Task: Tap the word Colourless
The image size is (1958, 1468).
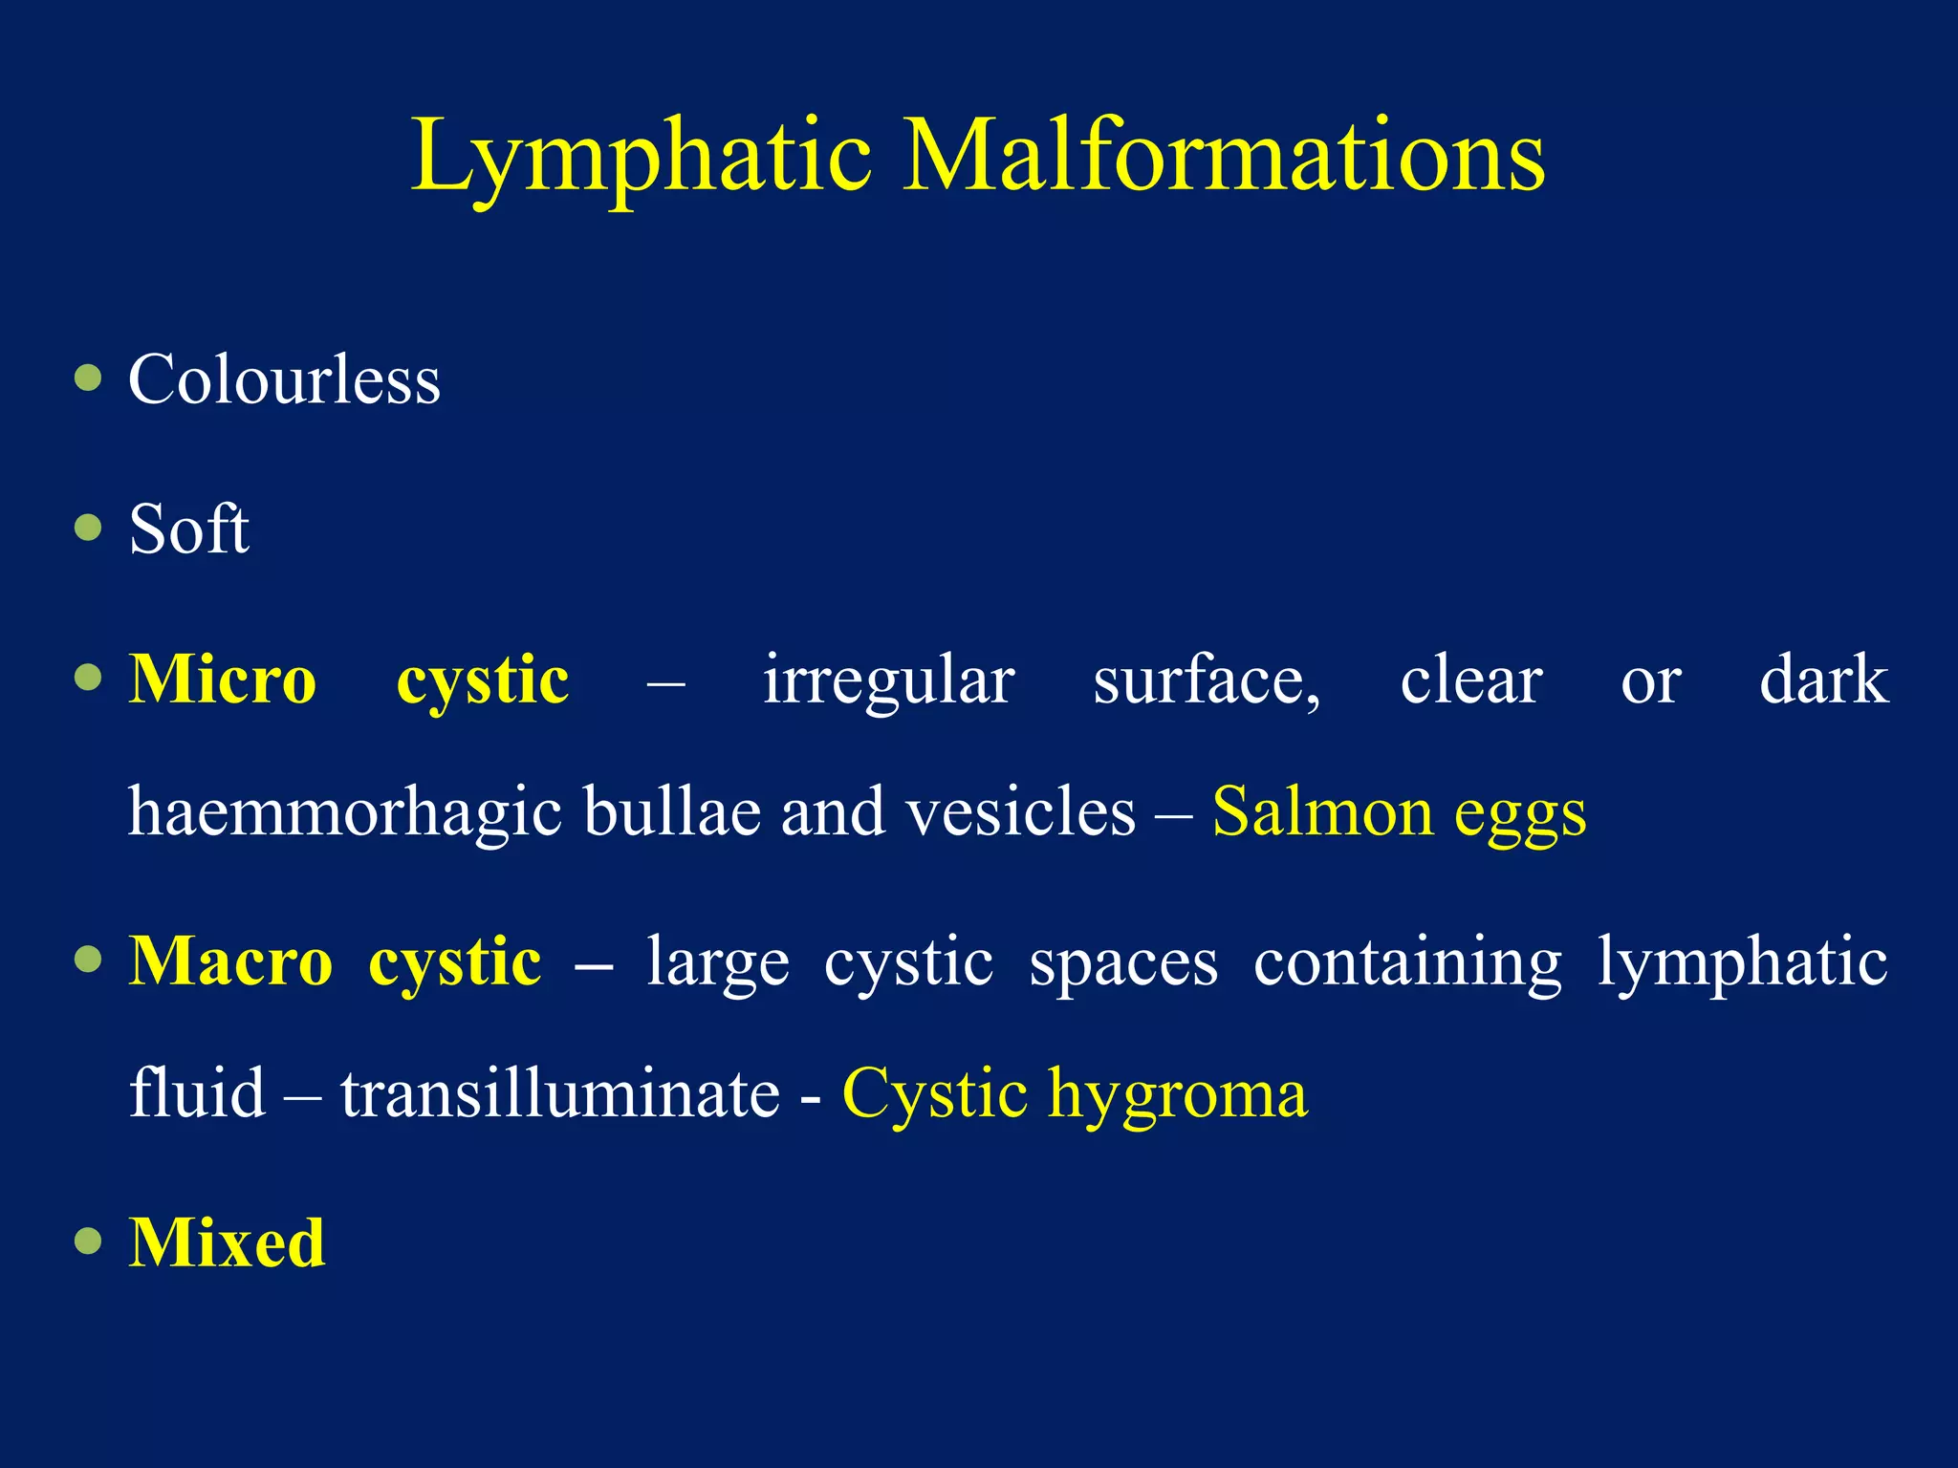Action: click(284, 380)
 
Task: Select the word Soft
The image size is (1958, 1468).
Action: click(189, 529)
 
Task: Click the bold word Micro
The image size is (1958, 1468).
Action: click(223, 680)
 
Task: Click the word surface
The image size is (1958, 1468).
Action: click(1207, 680)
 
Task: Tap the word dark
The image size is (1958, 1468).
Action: click(1823, 680)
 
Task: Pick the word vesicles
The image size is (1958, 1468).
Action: click(1020, 812)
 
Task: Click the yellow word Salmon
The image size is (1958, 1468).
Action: click(1322, 812)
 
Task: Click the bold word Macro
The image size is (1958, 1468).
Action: click(231, 961)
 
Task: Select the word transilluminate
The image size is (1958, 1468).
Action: click(560, 1093)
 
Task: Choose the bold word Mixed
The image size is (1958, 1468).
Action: click(228, 1243)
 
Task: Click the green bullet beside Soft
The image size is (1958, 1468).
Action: click(88, 528)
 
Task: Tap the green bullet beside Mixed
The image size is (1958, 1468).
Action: click(88, 1241)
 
